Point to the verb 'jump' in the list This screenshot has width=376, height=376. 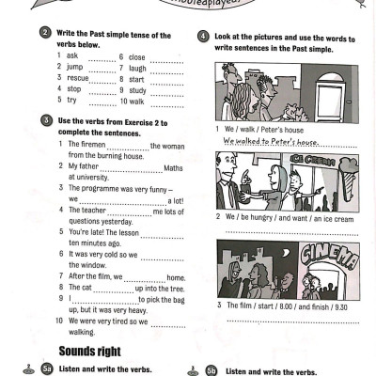pyautogui.click(x=75, y=68)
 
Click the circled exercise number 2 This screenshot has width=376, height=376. pyautogui.click(x=46, y=33)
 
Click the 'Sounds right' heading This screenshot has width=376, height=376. pyautogui.click(x=89, y=351)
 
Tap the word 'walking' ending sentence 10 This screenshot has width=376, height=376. pyautogui.click(x=83, y=331)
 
